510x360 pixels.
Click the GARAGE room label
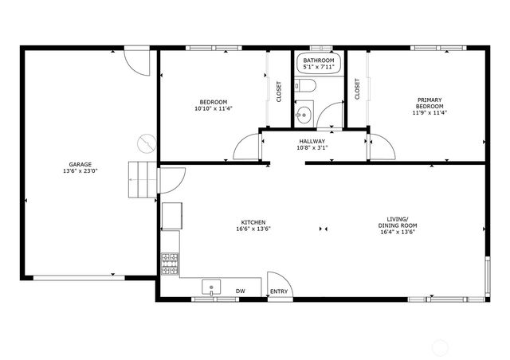[80, 165]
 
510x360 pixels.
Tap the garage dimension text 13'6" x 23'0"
[80, 171]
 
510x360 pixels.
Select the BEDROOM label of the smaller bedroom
[214, 102]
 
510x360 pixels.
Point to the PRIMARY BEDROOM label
[430, 102]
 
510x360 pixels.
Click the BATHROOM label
[317, 61]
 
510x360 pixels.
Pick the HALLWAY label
[312, 141]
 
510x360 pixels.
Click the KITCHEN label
[253, 222]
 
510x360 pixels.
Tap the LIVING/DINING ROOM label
[398, 221]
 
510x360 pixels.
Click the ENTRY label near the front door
[279, 292]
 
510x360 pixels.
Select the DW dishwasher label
[240, 292]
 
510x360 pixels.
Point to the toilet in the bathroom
[308, 86]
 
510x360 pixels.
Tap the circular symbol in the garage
[144, 143]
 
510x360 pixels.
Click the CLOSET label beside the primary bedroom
[357, 89]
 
